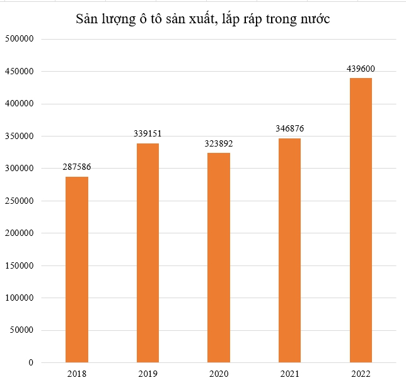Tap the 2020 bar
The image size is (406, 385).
(219, 258)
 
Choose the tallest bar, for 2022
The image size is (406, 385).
(361, 220)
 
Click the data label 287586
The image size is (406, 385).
(77, 168)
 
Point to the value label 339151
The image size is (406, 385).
(148, 134)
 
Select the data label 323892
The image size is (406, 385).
(219, 143)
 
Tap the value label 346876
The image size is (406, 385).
(289, 128)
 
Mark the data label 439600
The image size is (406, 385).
(361, 68)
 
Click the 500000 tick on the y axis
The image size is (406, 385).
(18, 39)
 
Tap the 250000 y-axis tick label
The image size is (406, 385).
(18, 201)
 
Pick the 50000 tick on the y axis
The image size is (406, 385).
(20, 330)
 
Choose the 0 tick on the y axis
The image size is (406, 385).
(29, 362)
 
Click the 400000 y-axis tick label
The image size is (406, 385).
(18, 104)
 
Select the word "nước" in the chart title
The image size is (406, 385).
(313, 20)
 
